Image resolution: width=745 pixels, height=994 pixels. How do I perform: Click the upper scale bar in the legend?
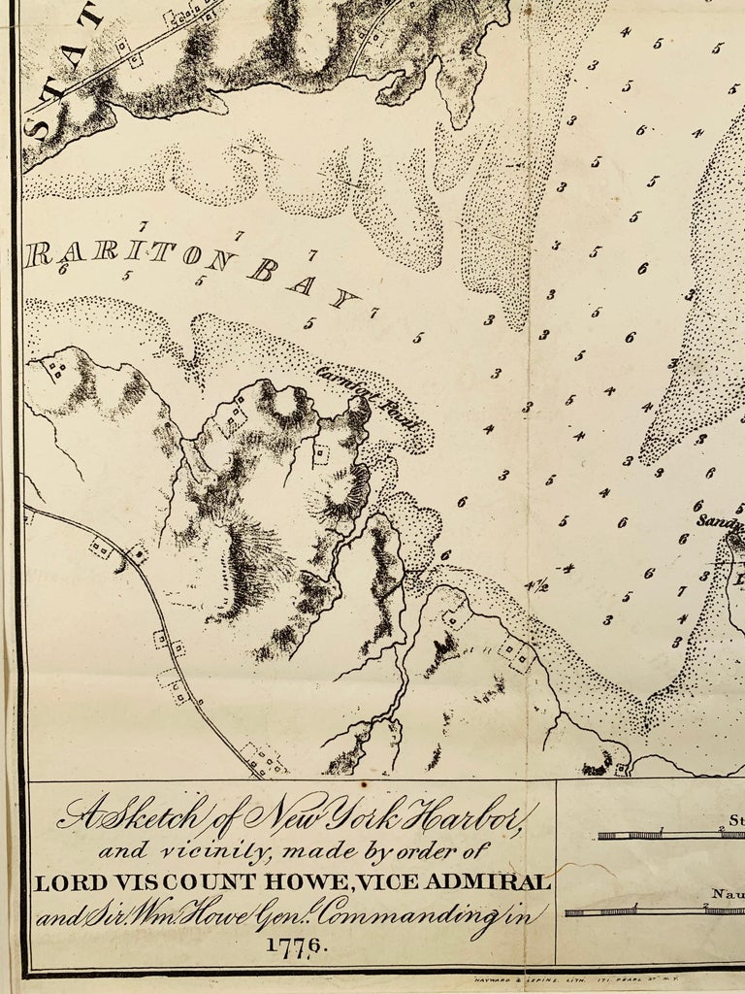click(669, 835)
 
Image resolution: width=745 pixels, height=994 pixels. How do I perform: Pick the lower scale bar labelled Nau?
click(655, 911)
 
